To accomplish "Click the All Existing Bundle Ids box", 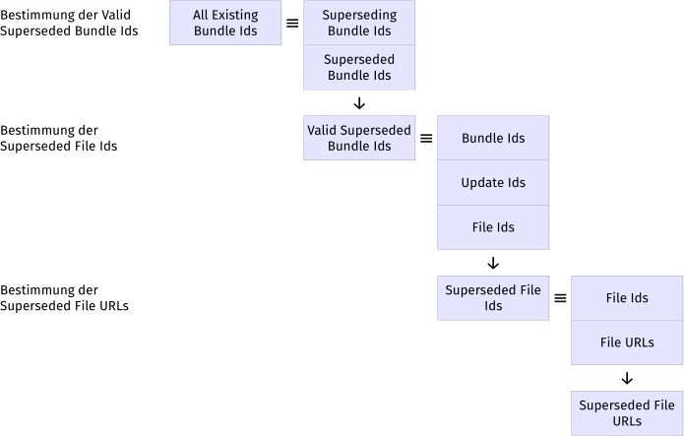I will point(225,23).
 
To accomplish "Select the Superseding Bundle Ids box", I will point(358,23).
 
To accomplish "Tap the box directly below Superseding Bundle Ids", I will point(358,67).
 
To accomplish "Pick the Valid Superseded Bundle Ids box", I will point(358,138).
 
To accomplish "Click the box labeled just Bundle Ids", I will point(493,138).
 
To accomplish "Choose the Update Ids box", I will point(493,183).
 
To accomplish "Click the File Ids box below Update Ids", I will point(493,227).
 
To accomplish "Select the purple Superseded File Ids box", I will point(493,298).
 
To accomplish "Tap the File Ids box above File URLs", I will point(627,298).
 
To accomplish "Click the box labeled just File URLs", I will point(627,343).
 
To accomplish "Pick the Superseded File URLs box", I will point(627,413).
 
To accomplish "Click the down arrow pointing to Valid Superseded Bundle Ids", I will point(359,103).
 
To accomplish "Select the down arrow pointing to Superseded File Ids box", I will point(493,264).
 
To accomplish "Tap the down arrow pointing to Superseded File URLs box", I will point(627,378).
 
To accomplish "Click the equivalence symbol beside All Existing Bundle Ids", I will point(292,23).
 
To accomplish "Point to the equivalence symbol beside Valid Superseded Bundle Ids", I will point(426,138).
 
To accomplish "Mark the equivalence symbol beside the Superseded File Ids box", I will point(560,298).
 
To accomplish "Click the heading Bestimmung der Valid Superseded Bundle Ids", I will point(69,23).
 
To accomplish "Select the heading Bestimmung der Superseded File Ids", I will point(59,138).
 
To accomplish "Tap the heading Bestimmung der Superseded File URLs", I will point(64,298).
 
